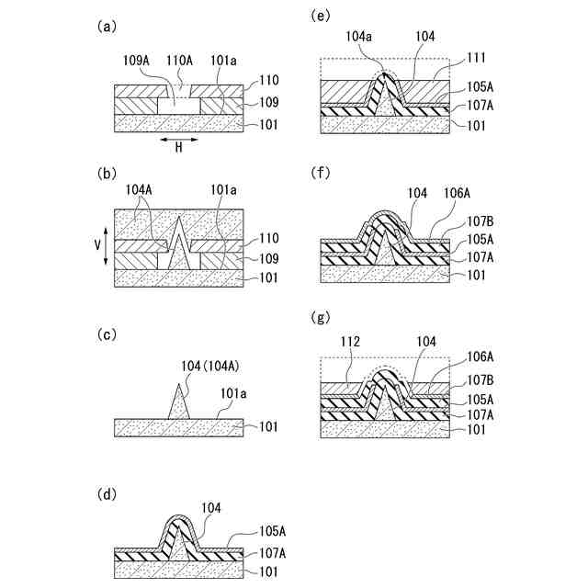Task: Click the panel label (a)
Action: (x=107, y=28)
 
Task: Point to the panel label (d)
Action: (x=107, y=494)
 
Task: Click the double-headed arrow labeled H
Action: (x=178, y=140)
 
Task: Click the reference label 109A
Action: (x=137, y=62)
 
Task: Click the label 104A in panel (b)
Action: (x=140, y=190)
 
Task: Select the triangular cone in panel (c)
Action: (x=178, y=404)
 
